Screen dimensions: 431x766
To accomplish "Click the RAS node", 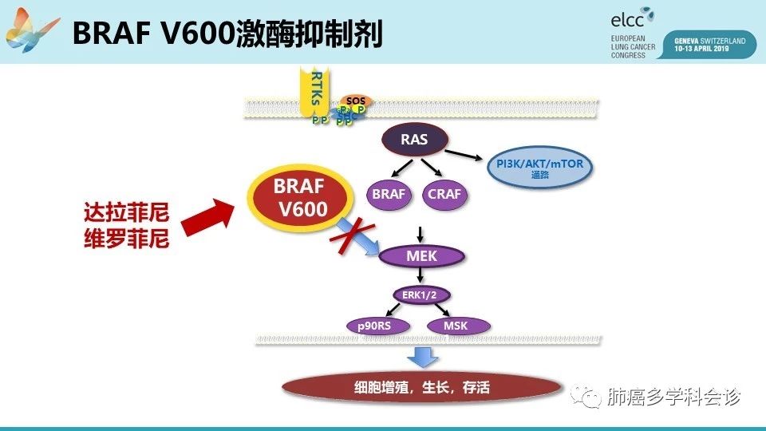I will tap(414, 140).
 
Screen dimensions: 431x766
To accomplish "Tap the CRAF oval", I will tap(444, 194).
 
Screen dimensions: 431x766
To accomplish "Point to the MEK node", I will tap(421, 256).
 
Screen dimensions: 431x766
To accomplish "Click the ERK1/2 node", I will tap(421, 295).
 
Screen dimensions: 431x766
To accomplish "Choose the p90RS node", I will tap(377, 326).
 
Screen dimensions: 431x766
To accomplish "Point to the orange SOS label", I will tap(355, 101).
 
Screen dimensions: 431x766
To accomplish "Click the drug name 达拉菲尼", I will tap(127, 214).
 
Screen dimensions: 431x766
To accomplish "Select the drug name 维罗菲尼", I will tap(127, 239).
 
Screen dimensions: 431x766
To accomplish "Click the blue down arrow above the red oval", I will tap(421, 357).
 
